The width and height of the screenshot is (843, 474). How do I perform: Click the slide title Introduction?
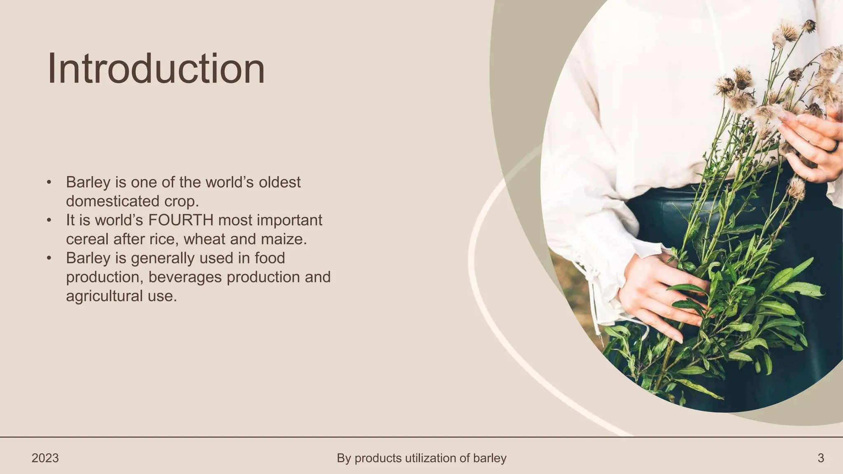tap(156, 69)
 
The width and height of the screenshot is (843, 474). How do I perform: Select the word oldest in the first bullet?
tap(279, 182)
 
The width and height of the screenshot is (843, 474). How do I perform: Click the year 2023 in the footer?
tap(45, 458)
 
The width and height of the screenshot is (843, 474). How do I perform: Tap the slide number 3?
tap(820, 458)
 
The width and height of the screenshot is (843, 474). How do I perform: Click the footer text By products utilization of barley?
tap(421, 458)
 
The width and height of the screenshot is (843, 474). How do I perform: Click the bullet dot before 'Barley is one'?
tap(49, 182)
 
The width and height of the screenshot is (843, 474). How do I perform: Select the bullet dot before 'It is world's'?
tap(49, 220)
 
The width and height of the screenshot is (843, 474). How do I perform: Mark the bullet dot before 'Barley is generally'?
tap(49, 258)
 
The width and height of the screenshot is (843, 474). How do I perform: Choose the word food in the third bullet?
tap(270, 258)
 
